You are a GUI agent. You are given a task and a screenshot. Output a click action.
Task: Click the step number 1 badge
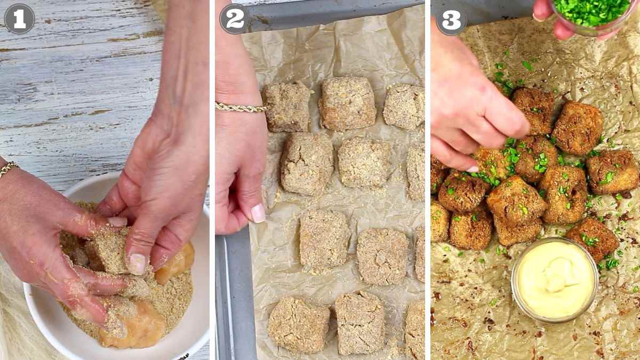click(19, 19)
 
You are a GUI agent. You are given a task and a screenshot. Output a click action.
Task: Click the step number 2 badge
click(235, 19)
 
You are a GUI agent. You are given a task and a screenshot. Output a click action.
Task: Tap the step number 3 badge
click(451, 20)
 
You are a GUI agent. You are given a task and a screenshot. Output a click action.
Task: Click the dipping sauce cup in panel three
click(555, 279)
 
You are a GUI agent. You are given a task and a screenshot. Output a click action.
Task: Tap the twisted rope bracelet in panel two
click(241, 108)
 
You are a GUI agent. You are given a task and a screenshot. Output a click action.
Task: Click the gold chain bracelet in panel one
click(7, 169)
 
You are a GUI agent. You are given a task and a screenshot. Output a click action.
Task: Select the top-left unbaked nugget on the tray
click(286, 106)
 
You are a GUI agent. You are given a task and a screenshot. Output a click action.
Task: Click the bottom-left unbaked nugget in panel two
click(299, 325)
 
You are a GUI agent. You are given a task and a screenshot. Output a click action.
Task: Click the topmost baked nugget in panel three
click(533, 110)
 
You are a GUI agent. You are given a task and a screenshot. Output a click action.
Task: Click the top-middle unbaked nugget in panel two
click(347, 103)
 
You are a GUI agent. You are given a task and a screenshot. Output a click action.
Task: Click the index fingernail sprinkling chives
click(473, 169)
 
